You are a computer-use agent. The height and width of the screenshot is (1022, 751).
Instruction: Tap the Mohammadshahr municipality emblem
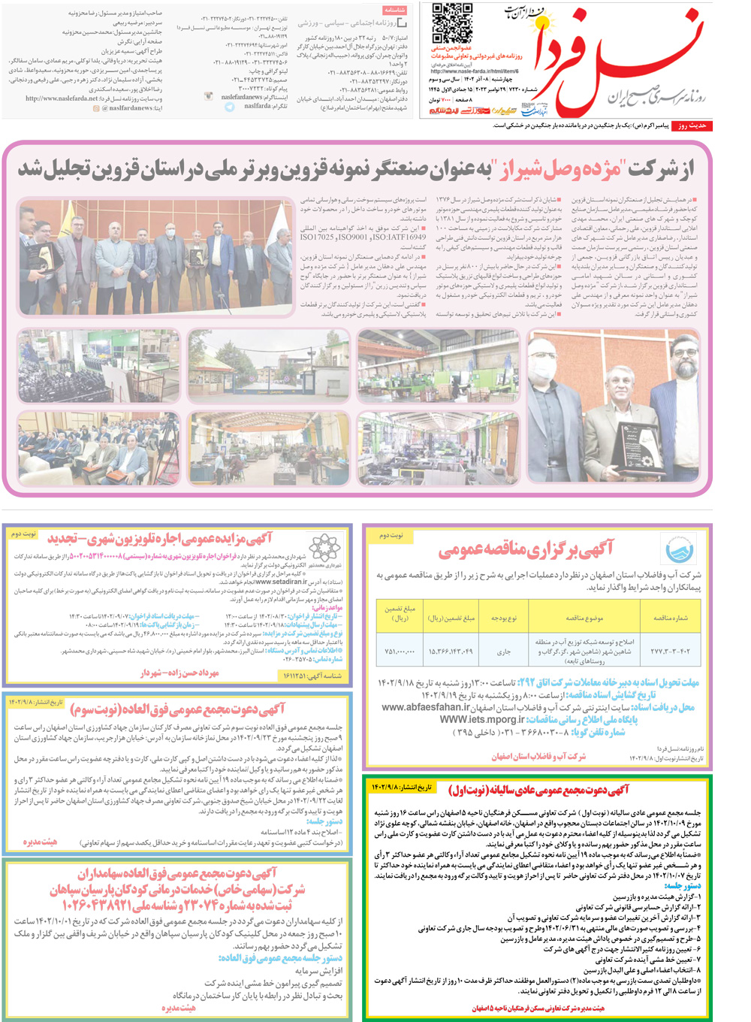coord(325,548)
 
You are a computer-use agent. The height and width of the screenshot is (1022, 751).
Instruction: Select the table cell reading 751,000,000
coord(400,652)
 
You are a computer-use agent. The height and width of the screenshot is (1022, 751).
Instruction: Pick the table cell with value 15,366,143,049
coord(451,652)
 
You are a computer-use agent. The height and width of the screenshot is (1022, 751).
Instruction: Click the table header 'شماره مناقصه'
coord(670,618)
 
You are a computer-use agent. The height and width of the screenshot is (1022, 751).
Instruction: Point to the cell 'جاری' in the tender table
coord(503,652)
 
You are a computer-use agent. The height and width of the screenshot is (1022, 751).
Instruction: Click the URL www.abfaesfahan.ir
coord(426,707)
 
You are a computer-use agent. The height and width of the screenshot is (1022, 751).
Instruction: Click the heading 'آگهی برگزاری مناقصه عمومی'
coord(526,550)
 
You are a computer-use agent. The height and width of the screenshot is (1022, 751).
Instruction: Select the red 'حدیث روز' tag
coord(691,125)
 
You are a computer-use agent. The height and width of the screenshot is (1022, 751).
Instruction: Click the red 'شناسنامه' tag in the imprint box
coord(395,11)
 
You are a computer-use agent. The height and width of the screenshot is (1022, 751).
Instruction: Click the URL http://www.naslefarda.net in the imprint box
coord(62,98)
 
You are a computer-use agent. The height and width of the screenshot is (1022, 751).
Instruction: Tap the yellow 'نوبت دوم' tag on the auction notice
coord(23,534)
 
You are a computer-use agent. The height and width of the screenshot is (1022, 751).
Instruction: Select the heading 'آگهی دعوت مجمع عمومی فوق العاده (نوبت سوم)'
coord(177,709)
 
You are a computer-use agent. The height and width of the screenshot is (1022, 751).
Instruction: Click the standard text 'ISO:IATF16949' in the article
coord(396,237)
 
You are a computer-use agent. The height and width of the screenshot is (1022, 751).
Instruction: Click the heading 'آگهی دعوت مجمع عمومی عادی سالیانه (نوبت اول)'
coord(538,790)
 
